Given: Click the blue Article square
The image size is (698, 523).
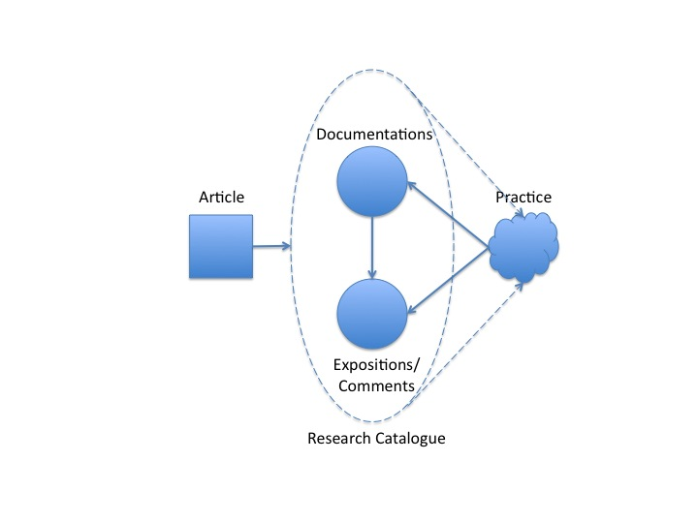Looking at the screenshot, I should click(x=220, y=247).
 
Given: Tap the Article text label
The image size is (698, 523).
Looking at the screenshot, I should click(x=221, y=198).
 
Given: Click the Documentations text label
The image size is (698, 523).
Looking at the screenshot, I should click(x=374, y=135).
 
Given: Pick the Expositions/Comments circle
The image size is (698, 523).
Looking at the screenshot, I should click(x=372, y=312).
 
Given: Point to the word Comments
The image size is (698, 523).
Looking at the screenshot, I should click(x=374, y=385).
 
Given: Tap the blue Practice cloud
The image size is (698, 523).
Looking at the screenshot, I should click(x=523, y=249).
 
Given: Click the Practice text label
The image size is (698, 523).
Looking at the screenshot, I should click(x=523, y=198).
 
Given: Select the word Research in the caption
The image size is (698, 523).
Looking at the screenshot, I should click(x=338, y=439).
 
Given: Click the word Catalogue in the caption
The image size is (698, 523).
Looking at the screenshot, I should click(x=408, y=439).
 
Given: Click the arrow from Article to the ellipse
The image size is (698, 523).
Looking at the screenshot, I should click(x=271, y=246).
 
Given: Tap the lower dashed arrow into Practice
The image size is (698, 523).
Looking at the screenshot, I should click(x=475, y=349).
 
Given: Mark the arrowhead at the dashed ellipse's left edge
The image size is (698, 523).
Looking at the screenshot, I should click(x=287, y=246).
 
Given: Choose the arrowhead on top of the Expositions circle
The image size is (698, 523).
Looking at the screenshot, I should click(x=372, y=275).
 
